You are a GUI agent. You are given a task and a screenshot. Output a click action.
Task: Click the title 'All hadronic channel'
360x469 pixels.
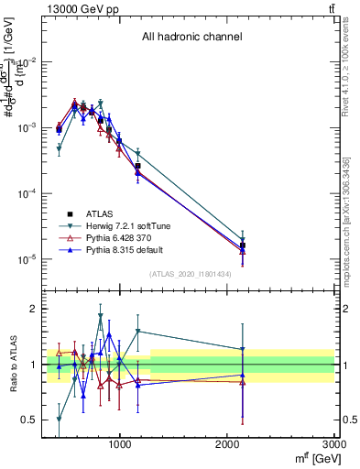191,38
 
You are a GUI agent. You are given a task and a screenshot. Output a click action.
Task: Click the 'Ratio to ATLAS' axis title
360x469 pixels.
13,365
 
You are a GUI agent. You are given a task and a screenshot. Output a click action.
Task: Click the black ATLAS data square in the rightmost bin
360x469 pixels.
243,245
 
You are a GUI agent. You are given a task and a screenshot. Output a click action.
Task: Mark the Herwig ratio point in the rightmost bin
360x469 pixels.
243,349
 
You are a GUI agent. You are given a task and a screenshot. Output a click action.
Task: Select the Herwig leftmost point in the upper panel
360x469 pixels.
59,148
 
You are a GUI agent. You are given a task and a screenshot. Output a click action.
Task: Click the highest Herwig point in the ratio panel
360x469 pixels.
101,317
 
